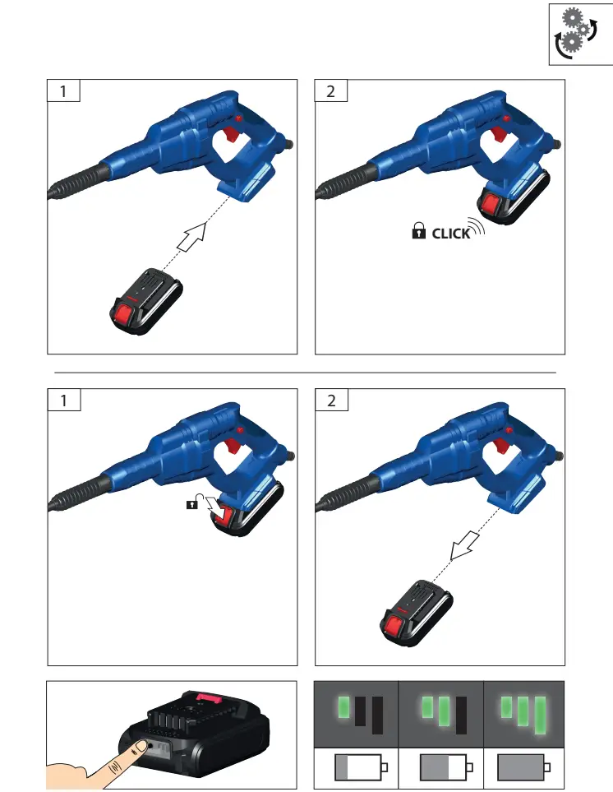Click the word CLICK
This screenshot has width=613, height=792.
tap(451, 234)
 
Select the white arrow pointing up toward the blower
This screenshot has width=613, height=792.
tap(191, 240)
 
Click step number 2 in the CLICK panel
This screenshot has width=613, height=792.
tap(331, 90)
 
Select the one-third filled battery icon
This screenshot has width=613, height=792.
tap(360, 768)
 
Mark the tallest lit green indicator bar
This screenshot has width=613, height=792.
tap(540, 715)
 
